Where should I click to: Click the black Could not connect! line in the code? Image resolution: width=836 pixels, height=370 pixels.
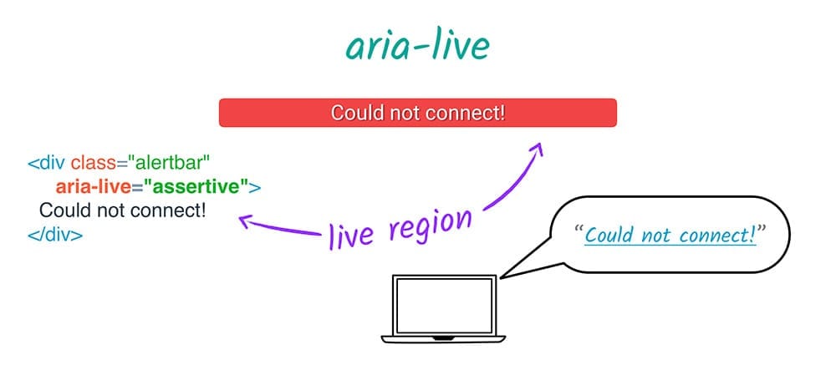122,209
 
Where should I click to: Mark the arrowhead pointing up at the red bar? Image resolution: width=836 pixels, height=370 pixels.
536,150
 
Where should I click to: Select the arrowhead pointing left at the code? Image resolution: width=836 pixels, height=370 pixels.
244,220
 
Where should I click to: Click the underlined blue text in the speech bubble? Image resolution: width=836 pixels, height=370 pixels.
670,235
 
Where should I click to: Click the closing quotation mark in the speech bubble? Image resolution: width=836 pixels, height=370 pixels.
761,229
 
